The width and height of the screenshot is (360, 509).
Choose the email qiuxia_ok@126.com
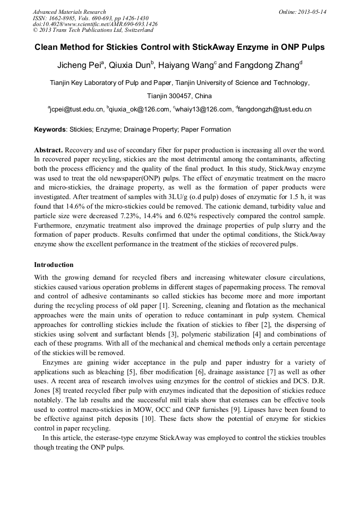[139, 109]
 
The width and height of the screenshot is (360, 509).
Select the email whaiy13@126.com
[204, 109]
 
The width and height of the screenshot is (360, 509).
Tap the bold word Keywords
[50, 130]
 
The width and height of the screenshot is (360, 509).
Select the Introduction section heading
[54, 264]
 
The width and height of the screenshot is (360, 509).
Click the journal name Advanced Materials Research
[70, 12]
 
